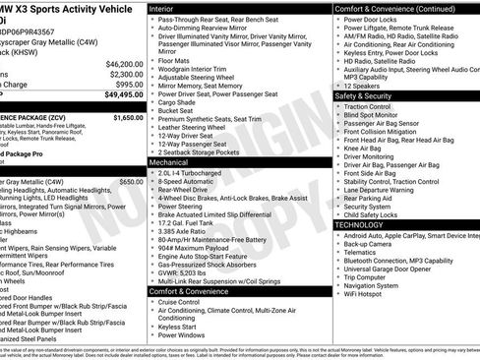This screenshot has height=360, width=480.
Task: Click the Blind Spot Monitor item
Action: [x=380, y=117]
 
